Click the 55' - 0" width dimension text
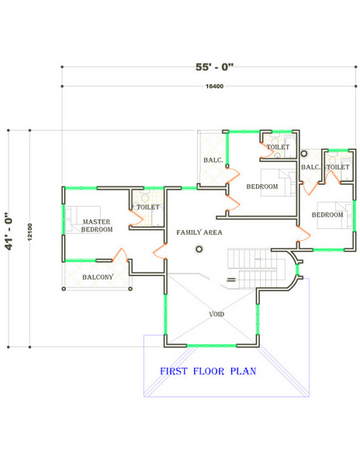(x=214, y=67)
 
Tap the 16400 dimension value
(x=214, y=86)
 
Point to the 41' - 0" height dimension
(x=9, y=231)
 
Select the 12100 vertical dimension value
(x=29, y=231)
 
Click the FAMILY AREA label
(x=199, y=232)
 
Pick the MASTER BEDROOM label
(x=97, y=225)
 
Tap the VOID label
(x=216, y=314)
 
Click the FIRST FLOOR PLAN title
(x=208, y=371)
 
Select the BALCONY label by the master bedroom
(x=98, y=277)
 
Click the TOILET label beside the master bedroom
(x=147, y=207)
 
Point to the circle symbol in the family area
(x=199, y=249)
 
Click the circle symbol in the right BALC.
(x=304, y=154)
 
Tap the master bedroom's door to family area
(x=159, y=252)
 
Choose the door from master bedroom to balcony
(x=120, y=255)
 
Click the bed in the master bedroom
(x=82, y=219)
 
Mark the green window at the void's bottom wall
(x=212, y=346)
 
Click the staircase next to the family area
(x=252, y=269)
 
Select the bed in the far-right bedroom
(x=334, y=215)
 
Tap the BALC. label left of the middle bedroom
(x=213, y=160)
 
